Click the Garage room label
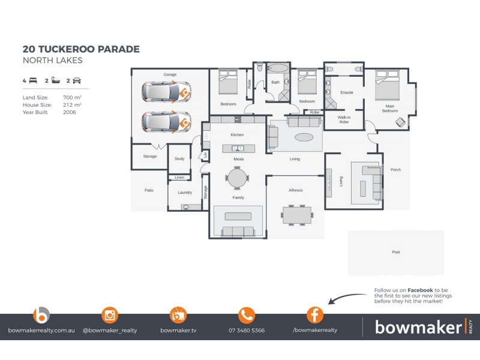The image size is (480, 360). pos(170,75)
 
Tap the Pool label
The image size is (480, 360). pos(395,253)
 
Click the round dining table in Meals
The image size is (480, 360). pos(237,177)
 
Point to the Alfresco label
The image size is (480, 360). pos(295,190)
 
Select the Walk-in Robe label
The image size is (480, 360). pos(344,120)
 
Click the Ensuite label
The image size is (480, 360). pos(346,92)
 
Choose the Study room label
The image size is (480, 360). pos(179,159)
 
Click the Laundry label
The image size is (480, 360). pos(185,193)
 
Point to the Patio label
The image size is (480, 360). pos(149,190)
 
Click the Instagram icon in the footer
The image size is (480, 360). pos(110,314)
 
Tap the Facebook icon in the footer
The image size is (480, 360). pos(315,314)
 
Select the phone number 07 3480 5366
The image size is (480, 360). pos(247,330)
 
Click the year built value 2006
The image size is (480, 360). pos(70,112)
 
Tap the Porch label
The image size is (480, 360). pos(395,170)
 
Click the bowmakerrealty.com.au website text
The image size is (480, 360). pos(41,330)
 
